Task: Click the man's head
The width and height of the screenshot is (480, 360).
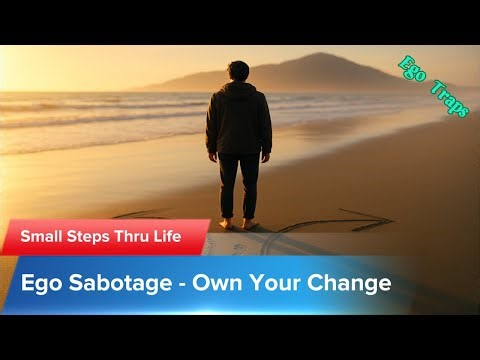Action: pyautogui.click(x=238, y=73)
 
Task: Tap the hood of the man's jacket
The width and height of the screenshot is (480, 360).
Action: pyautogui.click(x=238, y=91)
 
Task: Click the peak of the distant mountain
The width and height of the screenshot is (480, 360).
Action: pyautogui.click(x=318, y=55)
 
